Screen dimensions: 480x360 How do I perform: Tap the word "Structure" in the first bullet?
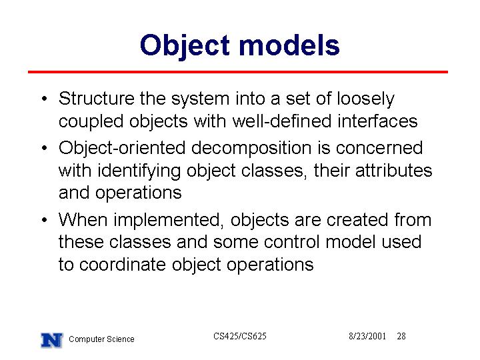[97, 99]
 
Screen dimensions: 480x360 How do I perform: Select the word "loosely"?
[365, 99]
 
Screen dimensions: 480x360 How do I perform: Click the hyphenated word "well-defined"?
[282, 121]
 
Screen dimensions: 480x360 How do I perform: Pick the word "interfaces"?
[377, 121]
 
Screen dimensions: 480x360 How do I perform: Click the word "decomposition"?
[251, 149]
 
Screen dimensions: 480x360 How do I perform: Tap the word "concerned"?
[379, 147]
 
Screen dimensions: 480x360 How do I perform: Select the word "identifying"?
[139, 171]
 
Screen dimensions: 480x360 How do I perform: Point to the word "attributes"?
[394, 170]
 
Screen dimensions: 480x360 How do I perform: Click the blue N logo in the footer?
[52, 340]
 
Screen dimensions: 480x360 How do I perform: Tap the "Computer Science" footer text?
[101, 339]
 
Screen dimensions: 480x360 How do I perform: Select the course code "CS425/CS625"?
[240, 336]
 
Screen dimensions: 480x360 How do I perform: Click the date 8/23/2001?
[367, 336]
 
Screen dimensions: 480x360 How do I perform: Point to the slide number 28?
[401, 336]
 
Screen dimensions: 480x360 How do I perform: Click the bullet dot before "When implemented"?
[45, 220]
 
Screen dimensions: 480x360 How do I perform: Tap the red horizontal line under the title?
[238, 72]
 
